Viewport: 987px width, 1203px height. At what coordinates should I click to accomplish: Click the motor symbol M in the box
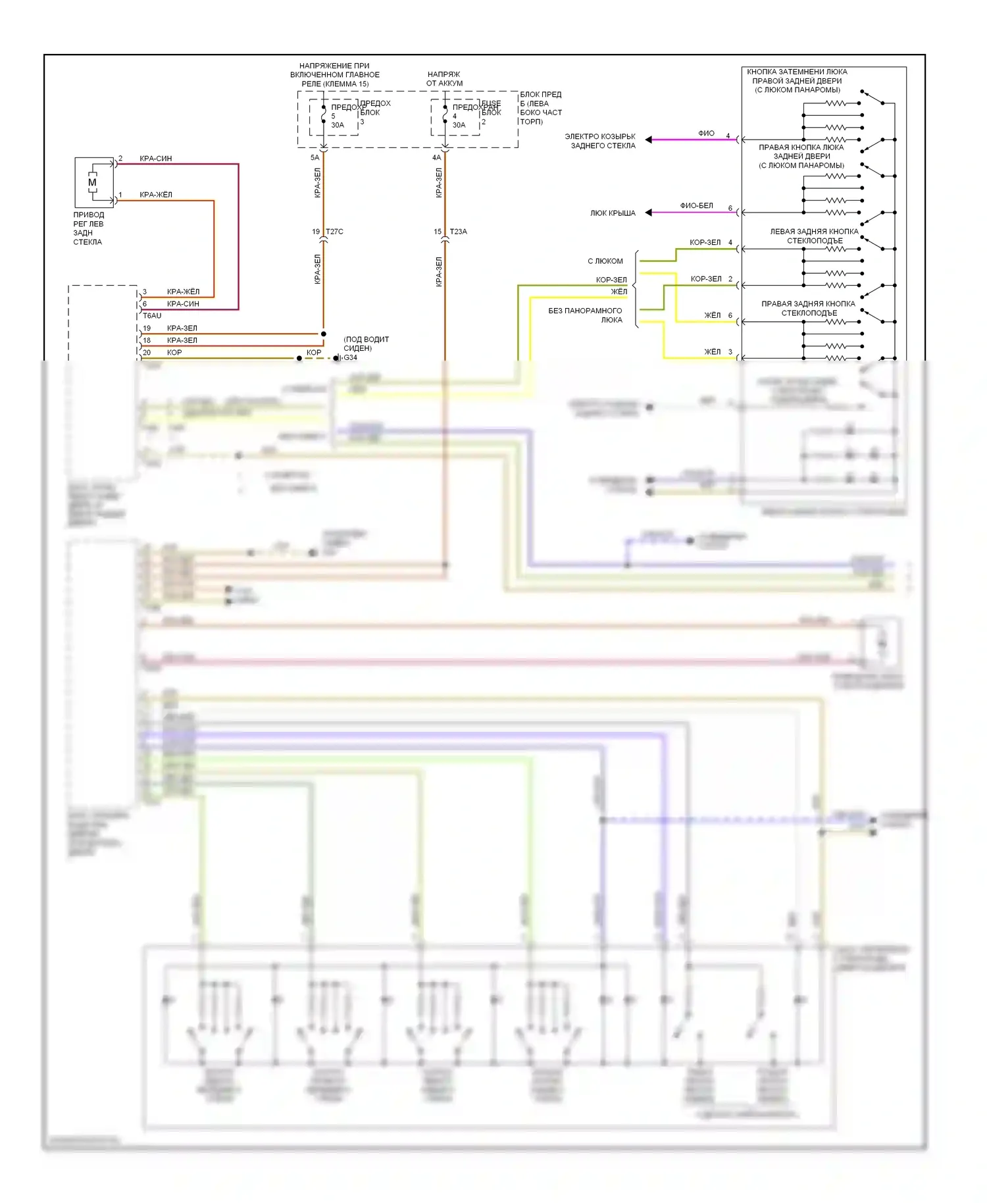coord(92,182)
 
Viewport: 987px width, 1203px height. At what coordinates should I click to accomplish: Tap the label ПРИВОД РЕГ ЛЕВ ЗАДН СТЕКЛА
coord(88,228)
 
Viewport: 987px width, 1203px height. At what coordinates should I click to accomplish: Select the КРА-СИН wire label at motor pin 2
coord(155,159)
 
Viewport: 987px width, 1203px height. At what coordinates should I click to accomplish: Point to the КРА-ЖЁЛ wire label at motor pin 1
coord(155,195)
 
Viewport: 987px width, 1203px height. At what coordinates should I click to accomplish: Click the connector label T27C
coord(334,232)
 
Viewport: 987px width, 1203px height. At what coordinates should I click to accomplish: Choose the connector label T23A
coord(458,232)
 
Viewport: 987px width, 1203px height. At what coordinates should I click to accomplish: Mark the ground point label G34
coord(350,358)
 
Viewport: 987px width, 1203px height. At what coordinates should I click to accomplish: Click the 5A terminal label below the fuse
coord(315,158)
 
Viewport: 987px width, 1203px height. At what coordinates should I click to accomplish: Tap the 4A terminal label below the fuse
coord(436,158)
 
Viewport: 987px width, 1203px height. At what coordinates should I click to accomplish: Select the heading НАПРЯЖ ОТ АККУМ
coord(444,79)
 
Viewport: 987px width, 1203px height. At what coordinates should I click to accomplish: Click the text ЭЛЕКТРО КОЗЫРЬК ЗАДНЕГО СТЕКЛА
coord(600,141)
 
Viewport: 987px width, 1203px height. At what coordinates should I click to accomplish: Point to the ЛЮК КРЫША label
coord(613,213)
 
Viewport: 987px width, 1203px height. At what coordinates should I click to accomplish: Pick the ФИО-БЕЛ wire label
coord(696,206)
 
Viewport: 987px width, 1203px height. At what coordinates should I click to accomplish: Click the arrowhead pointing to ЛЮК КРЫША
coord(649,213)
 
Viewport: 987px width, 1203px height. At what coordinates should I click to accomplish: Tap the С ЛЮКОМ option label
coord(605,261)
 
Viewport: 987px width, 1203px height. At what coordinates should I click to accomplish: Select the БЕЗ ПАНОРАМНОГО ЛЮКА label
coord(585,315)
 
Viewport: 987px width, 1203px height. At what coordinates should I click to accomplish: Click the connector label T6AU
coord(151,316)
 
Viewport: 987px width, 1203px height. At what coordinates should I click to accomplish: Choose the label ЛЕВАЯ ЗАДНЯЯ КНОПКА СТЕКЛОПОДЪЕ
coord(814,236)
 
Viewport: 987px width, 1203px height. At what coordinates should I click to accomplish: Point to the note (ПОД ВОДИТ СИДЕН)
coord(366,344)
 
